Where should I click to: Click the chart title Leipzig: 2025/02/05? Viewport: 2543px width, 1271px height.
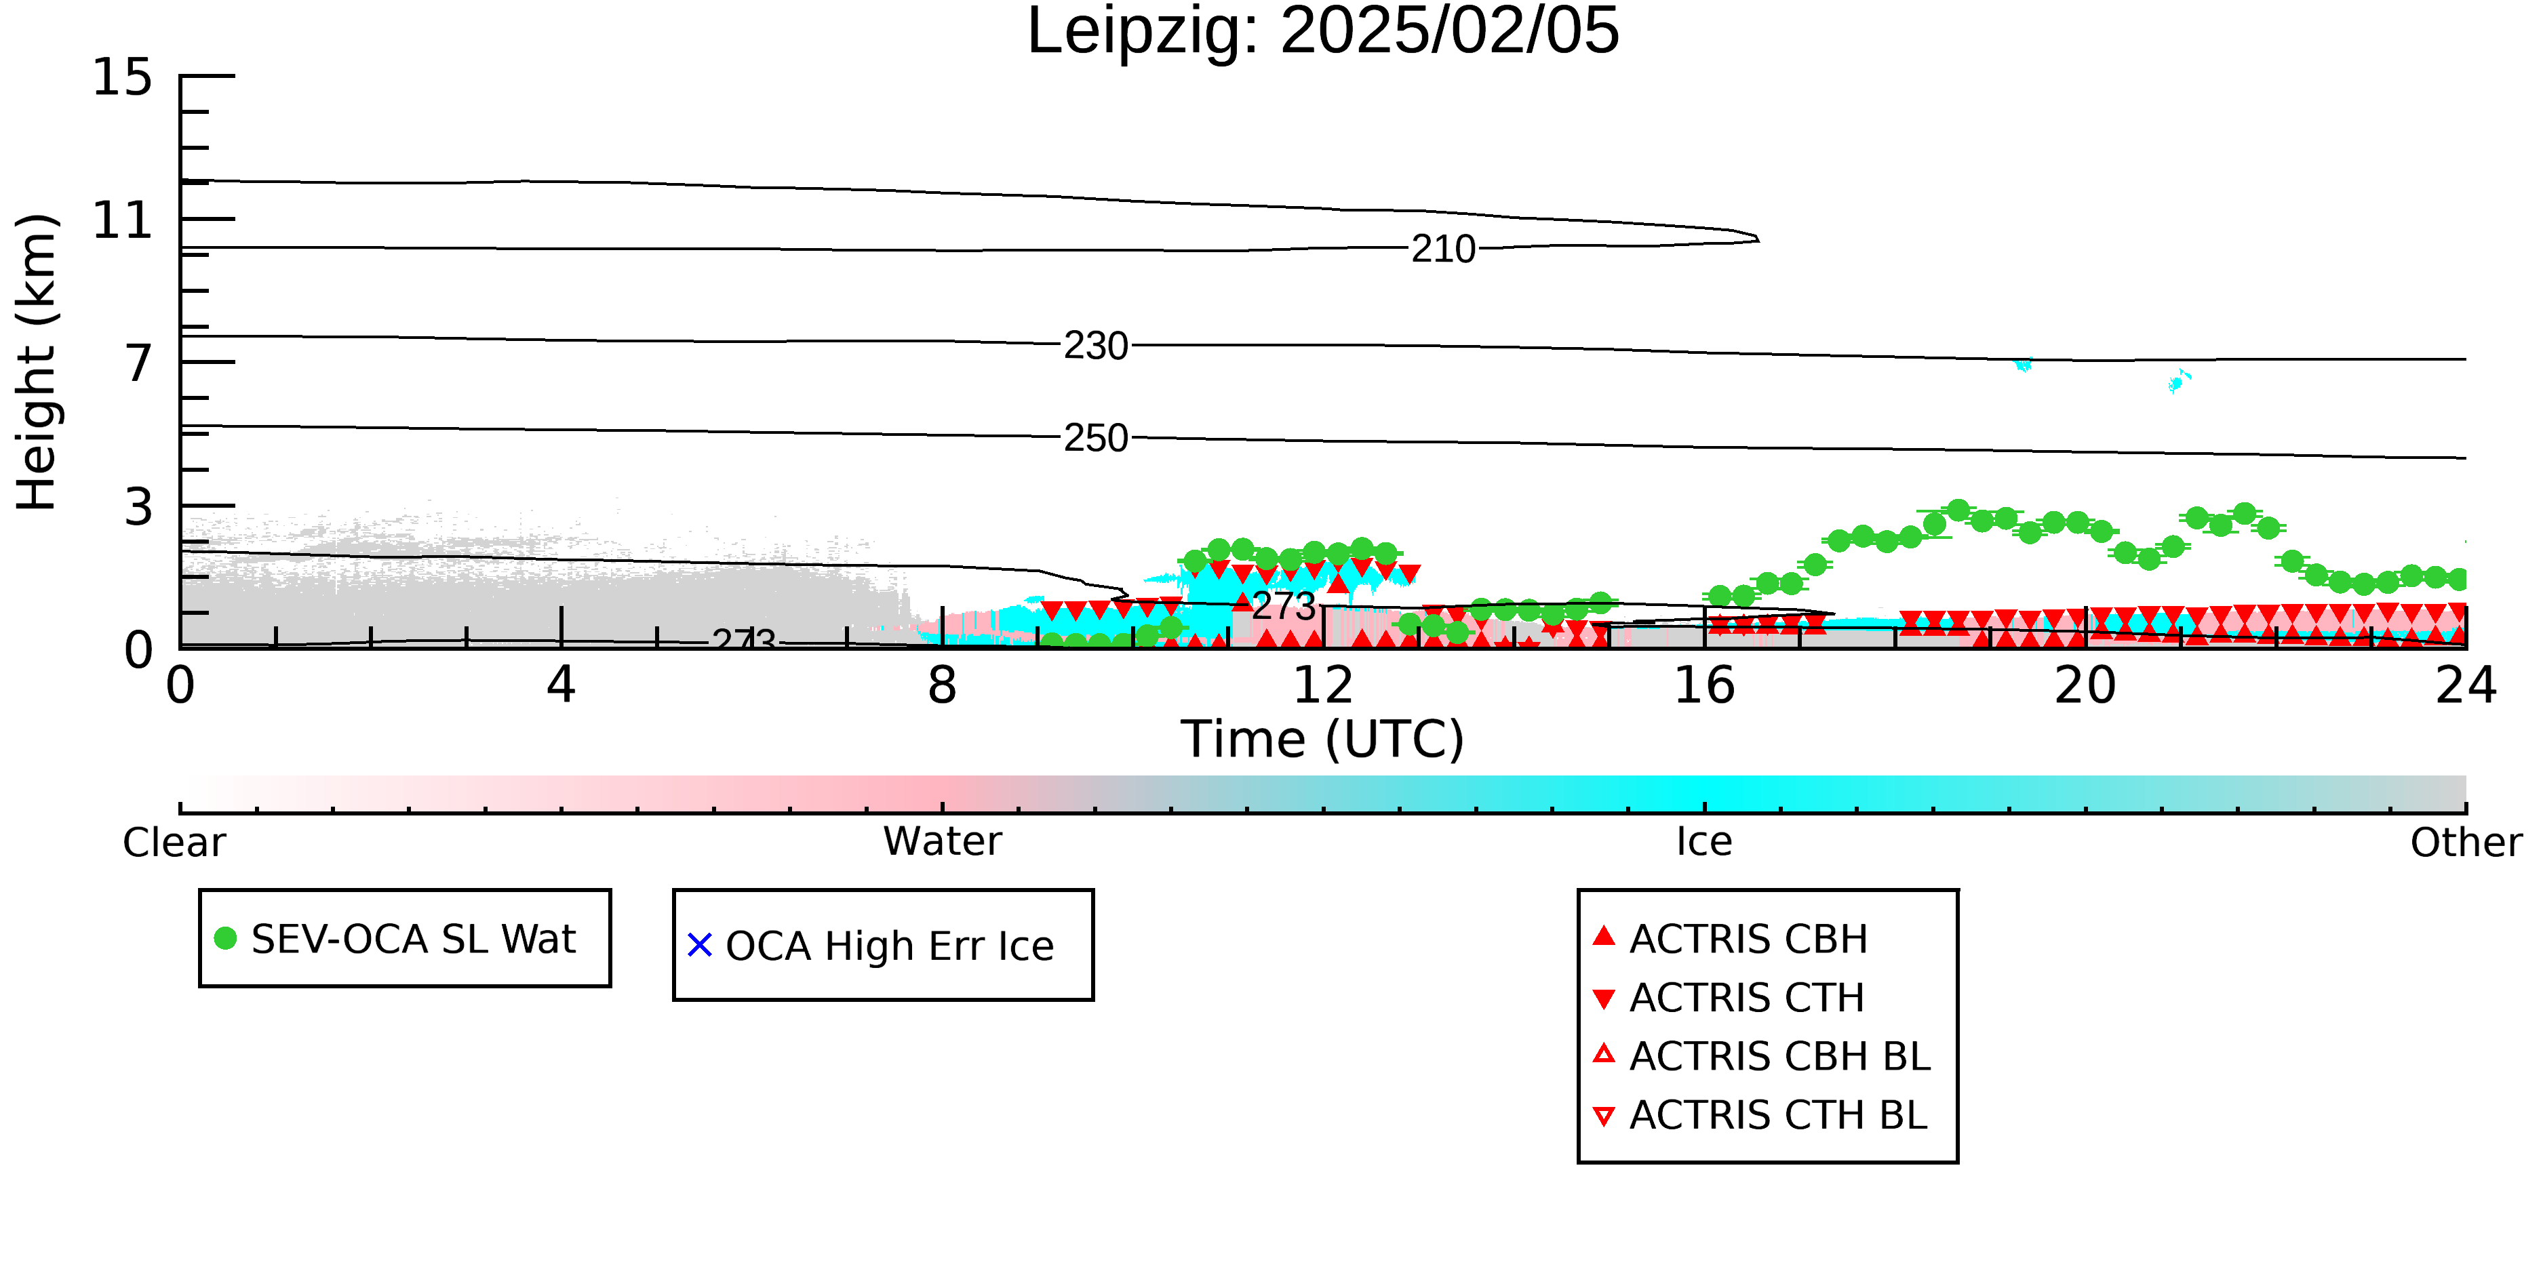click(1323, 32)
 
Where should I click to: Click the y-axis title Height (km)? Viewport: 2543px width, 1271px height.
click(37, 362)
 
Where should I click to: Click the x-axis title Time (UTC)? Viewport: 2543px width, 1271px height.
click(1323, 739)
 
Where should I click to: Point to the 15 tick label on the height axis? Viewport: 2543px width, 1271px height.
click(123, 77)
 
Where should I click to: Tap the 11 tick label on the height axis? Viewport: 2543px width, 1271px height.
click(123, 220)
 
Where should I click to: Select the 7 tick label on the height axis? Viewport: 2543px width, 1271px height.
click(139, 363)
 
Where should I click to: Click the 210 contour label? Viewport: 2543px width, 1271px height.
click(1443, 249)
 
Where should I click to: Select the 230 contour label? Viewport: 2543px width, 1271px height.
click(1096, 346)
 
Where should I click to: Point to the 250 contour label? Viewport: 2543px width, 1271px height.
click(1096, 438)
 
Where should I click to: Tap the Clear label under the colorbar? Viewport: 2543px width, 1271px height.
click(174, 843)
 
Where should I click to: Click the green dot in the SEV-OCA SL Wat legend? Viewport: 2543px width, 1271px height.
click(225, 938)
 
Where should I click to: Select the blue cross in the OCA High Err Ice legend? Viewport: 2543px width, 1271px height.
click(700, 946)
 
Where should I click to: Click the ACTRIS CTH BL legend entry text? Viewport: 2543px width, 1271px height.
click(1778, 1115)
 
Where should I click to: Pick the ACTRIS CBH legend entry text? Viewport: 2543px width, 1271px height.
click(1748, 940)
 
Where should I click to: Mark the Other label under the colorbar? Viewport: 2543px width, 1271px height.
click(2466, 843)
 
